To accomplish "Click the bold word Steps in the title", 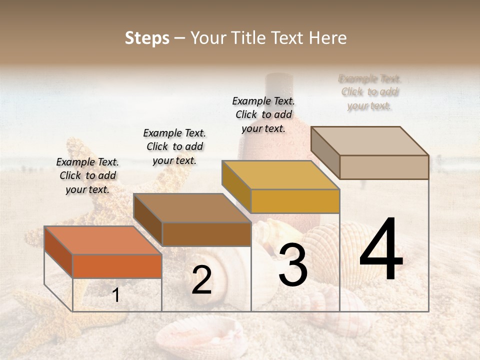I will (147, 38).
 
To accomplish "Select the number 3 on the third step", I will (292, 266).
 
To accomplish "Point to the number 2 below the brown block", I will (201, 280).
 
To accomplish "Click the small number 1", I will (116, 295).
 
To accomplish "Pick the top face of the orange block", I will (102, 240).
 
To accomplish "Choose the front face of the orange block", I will (117, 266).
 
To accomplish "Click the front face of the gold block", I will (295, 201).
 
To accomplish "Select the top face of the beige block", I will (370, 141).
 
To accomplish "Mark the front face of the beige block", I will (384, 167).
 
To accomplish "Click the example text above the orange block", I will (87, 175).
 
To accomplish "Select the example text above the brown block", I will (174, 146).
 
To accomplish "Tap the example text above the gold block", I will (263, 114).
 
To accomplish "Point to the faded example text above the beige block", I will (369, 92).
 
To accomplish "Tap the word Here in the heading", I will (327, 38).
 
